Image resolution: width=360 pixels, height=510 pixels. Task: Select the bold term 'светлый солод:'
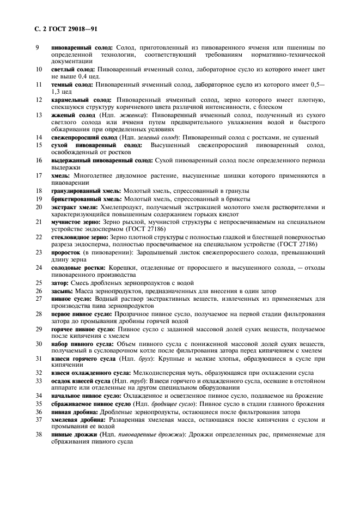(72, 70)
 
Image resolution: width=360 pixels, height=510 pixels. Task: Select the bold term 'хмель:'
(60, 175)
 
